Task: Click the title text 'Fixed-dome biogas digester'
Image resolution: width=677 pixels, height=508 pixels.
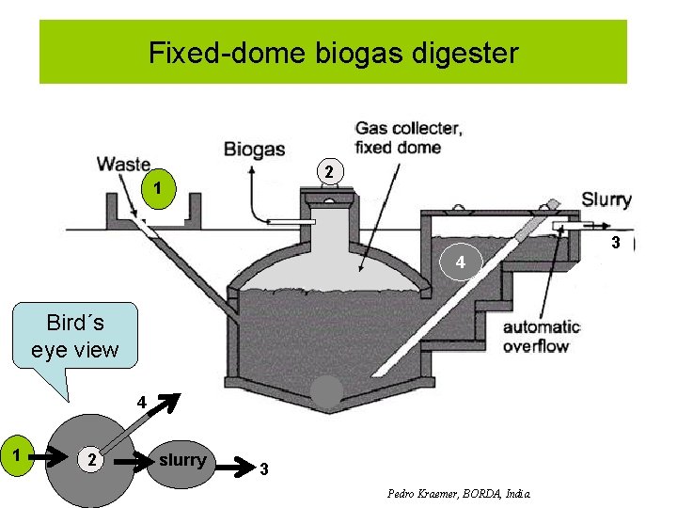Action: tap(333, 53)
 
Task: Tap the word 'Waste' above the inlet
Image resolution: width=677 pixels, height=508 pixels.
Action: tap(123, 164)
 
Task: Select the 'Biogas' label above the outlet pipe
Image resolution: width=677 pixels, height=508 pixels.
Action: tap(254, 149)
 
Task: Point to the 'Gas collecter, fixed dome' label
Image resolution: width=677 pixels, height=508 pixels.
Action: tap(406, 136)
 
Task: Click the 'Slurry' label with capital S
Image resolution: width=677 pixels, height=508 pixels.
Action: tap(606, 198)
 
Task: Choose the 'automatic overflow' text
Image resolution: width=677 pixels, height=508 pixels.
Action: tap(541, 336)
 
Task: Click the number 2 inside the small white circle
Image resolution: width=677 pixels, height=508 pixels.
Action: tap(328, 171)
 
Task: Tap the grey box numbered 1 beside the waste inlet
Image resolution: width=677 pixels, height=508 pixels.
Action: tap(159, 189)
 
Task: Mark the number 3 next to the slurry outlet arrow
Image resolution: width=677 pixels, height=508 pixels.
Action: tap(616, 244)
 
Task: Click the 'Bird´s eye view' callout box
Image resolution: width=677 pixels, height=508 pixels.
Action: tap(74, 337)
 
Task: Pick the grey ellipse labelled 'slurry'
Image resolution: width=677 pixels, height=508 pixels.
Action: tap(181, 460)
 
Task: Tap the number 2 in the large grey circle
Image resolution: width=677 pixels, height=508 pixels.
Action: tap(88, 460)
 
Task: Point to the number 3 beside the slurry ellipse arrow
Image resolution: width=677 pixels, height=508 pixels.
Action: tap(264, 468)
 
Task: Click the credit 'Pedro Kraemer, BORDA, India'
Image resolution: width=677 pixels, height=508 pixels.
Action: tap(459, 493)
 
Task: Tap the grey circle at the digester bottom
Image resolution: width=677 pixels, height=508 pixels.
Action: tap(326, 393)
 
